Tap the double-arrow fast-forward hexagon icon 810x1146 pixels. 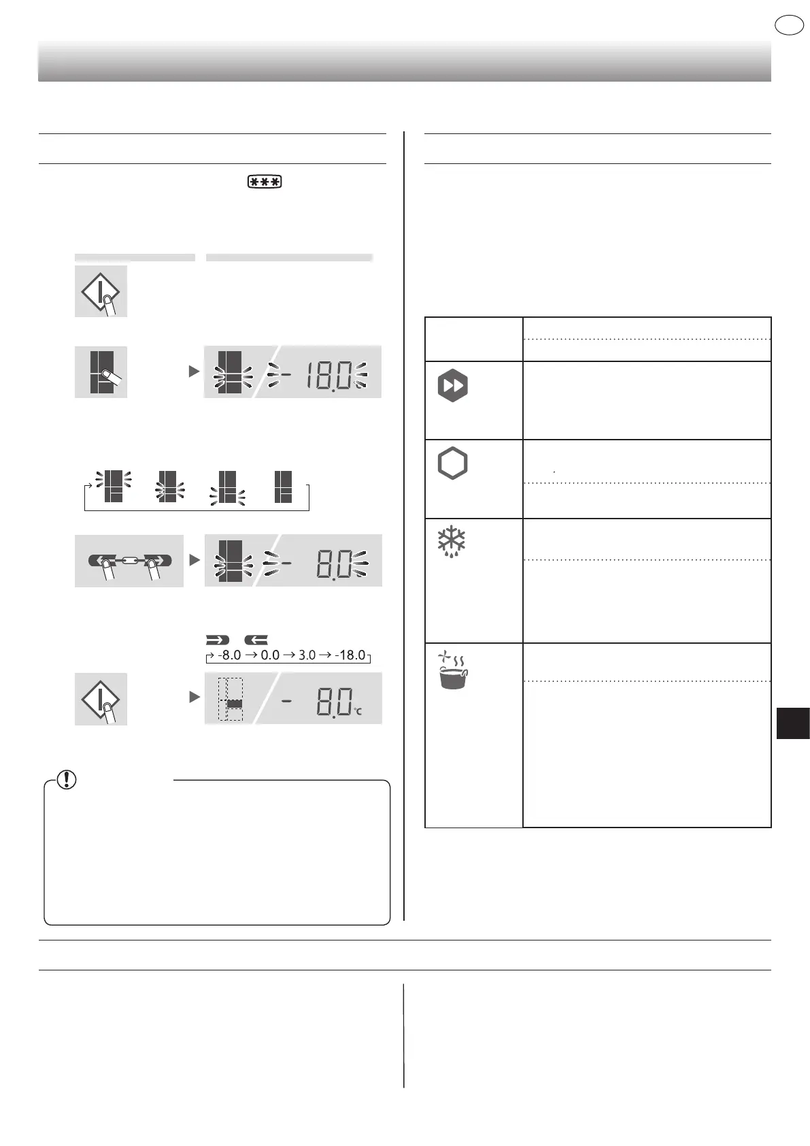(x=452, y=386)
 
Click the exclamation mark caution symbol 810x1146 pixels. (x=67, y=779)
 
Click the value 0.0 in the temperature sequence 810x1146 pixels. (x=270, y=655)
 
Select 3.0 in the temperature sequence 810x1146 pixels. (x=307, y=655)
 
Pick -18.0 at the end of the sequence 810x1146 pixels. (x=350, y=655)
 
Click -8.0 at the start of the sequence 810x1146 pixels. (x=229, y=655)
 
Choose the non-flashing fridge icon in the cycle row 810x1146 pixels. (x=283, y=487)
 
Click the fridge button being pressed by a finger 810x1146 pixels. (x=101, y=372)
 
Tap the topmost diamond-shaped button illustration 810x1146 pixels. (x=101, y=291)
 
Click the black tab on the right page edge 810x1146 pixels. (x=792, y=723)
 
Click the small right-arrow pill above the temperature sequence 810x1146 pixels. (x=218, y=640)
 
